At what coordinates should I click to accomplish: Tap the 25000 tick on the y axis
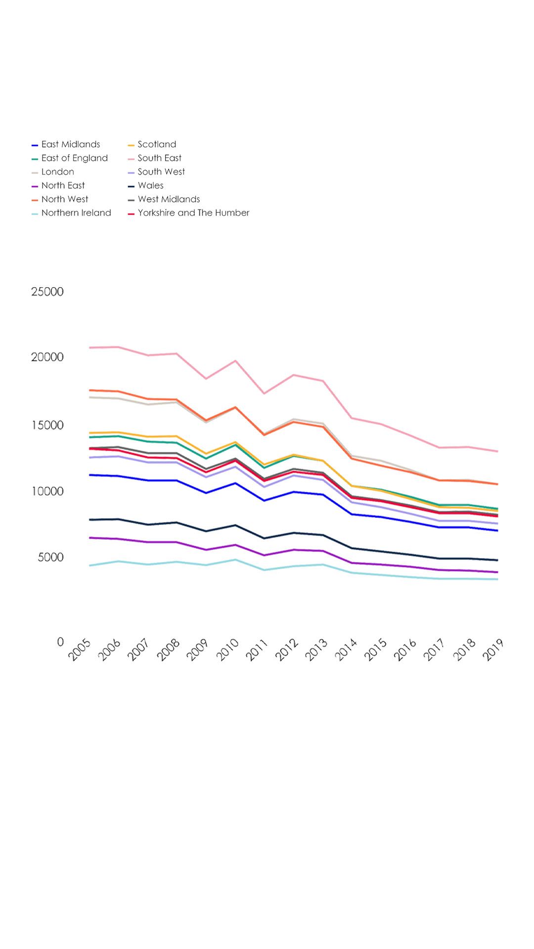coord(47,292)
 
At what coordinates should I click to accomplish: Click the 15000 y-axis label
coord(47,425)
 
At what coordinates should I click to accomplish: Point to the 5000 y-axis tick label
coord(50,557)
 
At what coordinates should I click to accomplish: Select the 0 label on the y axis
coord(60,642)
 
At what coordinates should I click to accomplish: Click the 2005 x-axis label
coord(80,649)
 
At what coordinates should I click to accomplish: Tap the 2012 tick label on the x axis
coord(287,649)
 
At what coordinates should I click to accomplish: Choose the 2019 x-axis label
coord(493,649)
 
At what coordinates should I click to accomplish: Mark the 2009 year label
coord(198,649)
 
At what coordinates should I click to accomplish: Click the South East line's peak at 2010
coord(235,361)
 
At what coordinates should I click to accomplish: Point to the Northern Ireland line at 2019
coord(497,579)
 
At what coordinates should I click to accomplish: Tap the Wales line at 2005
coord(89,519)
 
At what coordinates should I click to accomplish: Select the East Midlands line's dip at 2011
coord(265,501)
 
